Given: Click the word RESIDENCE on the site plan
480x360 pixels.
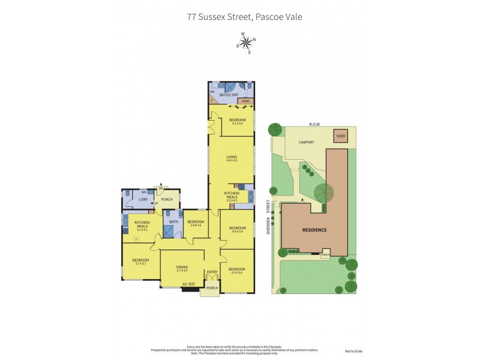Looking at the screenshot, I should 314,230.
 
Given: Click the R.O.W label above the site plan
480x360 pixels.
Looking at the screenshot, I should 314,124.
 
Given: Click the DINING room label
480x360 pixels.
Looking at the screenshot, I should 182,268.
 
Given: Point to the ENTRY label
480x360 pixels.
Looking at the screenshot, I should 212,272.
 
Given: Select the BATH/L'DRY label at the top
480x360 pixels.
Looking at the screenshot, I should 229,95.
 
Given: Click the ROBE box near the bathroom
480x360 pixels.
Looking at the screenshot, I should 245,101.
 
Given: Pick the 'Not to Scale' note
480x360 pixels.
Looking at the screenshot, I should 353,351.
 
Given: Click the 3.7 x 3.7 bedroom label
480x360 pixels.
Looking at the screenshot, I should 140,261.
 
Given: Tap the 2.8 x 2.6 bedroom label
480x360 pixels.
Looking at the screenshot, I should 196,223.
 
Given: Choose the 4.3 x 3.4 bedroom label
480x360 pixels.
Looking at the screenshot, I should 236,270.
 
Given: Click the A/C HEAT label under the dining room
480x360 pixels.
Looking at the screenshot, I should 188,284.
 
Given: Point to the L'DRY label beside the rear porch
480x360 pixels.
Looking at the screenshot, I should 143,199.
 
